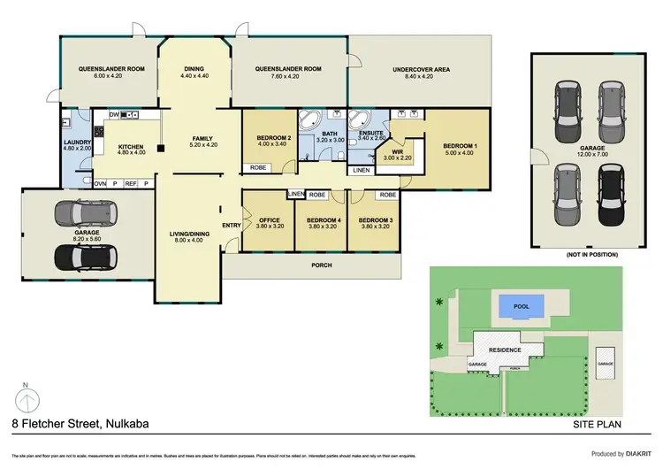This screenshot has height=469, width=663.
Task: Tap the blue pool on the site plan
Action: pyautogui.click(x=521, y=308)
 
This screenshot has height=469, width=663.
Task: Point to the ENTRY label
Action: pyautogui.click(x=232, y=225)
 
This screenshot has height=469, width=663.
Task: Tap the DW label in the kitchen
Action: pyautogui.click(x=114, y=114)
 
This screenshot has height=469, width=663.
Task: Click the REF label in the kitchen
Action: pyautogui.click(x=130, y=183)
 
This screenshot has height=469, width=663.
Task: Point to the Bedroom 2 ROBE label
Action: pyautogui.click(x=258, y=167)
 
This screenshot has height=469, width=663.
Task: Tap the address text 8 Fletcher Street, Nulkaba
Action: pyautogui.click(x=80, y=424)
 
